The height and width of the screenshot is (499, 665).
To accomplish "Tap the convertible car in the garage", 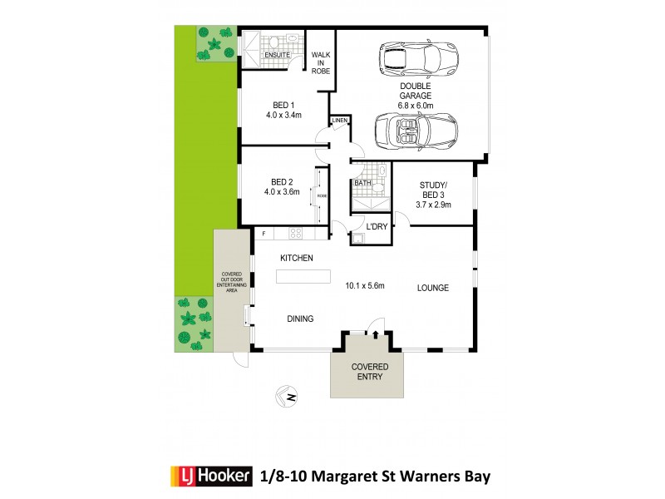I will click(416, 131).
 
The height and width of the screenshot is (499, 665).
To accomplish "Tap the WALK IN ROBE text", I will click(321, 63).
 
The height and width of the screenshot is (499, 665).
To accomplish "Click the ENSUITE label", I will click(277, 55).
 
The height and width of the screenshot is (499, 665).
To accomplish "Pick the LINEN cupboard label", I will click(339, 121).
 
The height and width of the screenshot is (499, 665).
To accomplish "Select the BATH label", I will click(362, 183).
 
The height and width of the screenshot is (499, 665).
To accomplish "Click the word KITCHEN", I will click(296, 258).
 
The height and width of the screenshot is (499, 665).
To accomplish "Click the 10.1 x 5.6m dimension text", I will click(365, 286).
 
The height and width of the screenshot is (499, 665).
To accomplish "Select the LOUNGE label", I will click(432, 288).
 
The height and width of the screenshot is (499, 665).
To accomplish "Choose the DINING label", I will click(300, 319).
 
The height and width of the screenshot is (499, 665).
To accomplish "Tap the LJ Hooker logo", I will click(208, 477).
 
